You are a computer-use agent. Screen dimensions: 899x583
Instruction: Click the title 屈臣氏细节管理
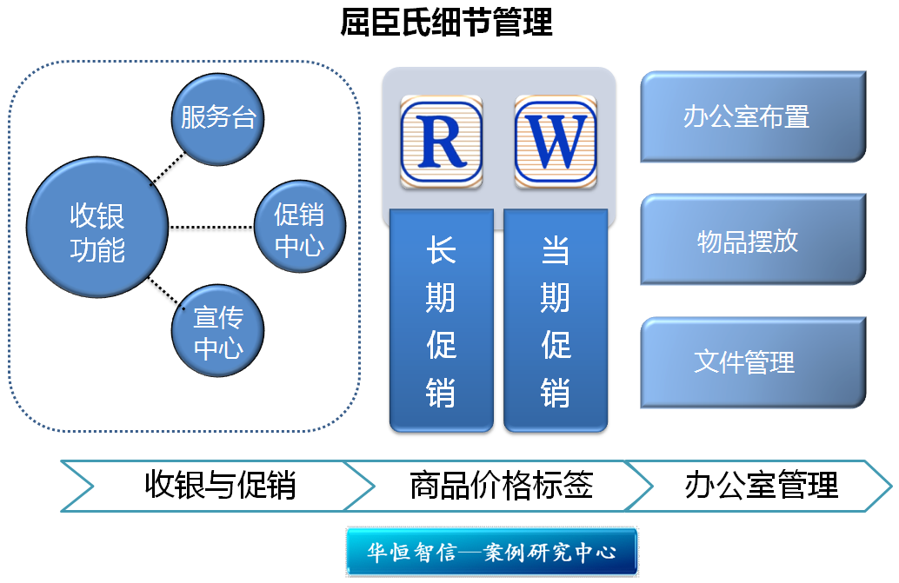[446, 22]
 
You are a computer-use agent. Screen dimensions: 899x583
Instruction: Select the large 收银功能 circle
[97, 228]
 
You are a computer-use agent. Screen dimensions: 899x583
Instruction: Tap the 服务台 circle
[218, 119]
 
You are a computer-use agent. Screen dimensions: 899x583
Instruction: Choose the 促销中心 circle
[299, 227]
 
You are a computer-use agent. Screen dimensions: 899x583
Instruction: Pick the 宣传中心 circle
[218, 330]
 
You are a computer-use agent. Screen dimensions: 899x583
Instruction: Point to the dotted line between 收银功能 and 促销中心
[211, 228]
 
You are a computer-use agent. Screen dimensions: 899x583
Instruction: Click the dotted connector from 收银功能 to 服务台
[167, 169]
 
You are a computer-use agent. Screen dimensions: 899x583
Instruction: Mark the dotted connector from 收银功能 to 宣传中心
[167, 294]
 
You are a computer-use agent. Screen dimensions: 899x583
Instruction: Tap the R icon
[441, 142]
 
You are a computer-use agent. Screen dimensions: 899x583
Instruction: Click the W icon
[556, 142]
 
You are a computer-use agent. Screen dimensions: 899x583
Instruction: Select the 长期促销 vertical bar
[442, 320]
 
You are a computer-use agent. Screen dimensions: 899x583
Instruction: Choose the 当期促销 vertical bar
[556, 320]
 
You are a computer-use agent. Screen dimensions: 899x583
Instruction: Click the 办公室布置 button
[753, 116]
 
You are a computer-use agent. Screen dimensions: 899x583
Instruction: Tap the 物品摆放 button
[753, 240]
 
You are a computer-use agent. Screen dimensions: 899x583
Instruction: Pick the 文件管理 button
[753, 362]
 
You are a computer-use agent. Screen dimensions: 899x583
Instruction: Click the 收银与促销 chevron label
[220, 485]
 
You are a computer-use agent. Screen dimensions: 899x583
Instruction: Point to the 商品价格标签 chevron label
[501, 485]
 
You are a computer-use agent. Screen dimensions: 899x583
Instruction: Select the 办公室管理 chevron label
[762, 485]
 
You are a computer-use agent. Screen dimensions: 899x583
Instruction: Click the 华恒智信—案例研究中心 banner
[492, 552]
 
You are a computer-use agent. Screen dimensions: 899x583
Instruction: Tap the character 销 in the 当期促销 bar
[555, 393]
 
